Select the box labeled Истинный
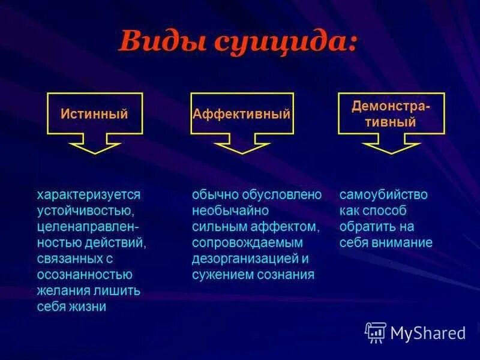95,113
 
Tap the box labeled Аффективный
242,113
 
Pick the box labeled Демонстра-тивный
391,113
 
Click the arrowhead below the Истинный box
95,146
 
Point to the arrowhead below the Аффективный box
242,146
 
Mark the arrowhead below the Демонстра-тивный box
391,146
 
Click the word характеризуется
89,195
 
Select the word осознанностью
84,274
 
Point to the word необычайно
230,211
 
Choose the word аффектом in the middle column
290,227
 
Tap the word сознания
286,274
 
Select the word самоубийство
383,195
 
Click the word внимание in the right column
406,243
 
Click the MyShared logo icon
376,332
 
